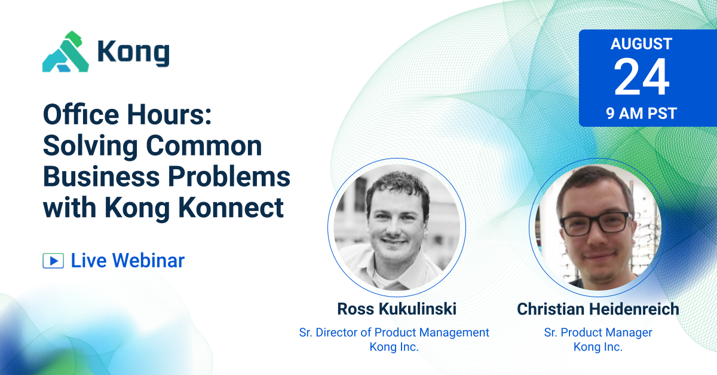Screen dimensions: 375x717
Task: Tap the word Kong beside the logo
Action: pos(133,53)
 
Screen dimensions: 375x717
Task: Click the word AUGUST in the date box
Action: pos(641,44)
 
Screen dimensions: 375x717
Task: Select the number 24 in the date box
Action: pos(641,78)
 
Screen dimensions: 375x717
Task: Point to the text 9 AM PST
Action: pos(641,114)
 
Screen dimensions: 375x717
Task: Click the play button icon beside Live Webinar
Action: pos(53,261)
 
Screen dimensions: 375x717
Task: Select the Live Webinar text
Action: pos(127,261)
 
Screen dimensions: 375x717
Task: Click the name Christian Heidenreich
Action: pos(598,309)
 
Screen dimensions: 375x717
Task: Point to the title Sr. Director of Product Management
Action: pos(394,333)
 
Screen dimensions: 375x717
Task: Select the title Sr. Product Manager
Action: pos(598,333)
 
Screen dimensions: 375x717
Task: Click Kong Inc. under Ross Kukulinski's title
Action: pos(394,347)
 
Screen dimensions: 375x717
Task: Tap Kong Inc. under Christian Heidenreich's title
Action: pos(598,347)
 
